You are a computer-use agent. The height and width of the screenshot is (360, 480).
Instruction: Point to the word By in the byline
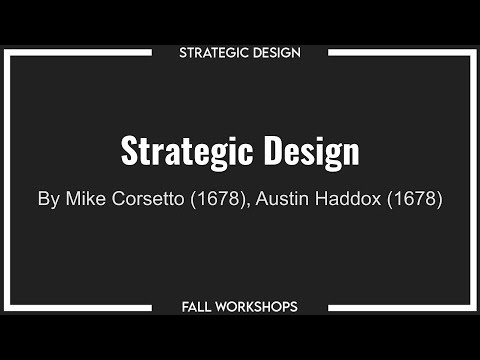[49, 199]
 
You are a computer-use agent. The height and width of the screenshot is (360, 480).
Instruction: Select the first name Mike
[87, 198]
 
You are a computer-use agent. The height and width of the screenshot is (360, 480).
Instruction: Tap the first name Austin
[284, 198]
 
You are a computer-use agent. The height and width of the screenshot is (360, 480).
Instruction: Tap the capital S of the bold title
[129, 152]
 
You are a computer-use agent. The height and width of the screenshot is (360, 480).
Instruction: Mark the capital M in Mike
[74, 198]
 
